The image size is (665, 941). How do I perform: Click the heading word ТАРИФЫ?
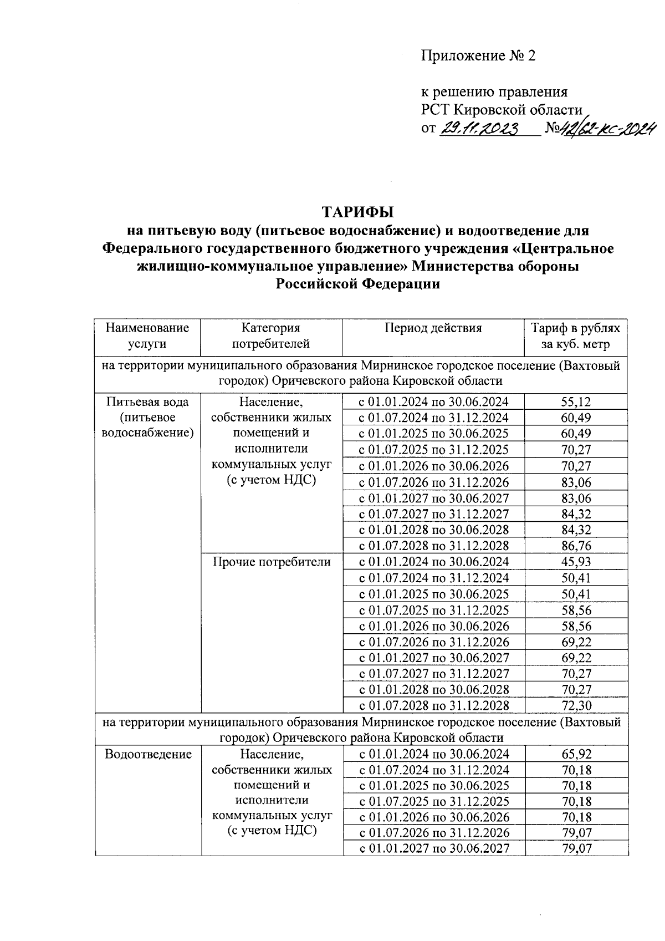357,212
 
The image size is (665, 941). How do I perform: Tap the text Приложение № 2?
478,55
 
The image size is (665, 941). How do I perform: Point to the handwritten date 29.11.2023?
480,129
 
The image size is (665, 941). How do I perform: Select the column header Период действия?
433,328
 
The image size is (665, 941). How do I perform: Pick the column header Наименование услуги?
147,335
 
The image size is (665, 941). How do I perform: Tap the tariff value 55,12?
576,402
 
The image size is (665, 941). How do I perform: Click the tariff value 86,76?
576,546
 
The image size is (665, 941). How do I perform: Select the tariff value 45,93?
576,562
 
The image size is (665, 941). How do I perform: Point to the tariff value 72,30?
576,705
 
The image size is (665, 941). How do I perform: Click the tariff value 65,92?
576,754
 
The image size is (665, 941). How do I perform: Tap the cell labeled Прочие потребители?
272,562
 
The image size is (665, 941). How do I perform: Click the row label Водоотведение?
148,754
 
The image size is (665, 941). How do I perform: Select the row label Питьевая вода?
147,402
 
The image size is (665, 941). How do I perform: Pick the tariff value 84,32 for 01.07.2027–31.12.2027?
576,514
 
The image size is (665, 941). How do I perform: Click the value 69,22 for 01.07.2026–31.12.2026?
576,642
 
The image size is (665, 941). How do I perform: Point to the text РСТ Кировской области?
502,110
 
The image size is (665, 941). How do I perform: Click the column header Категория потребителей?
271,335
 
